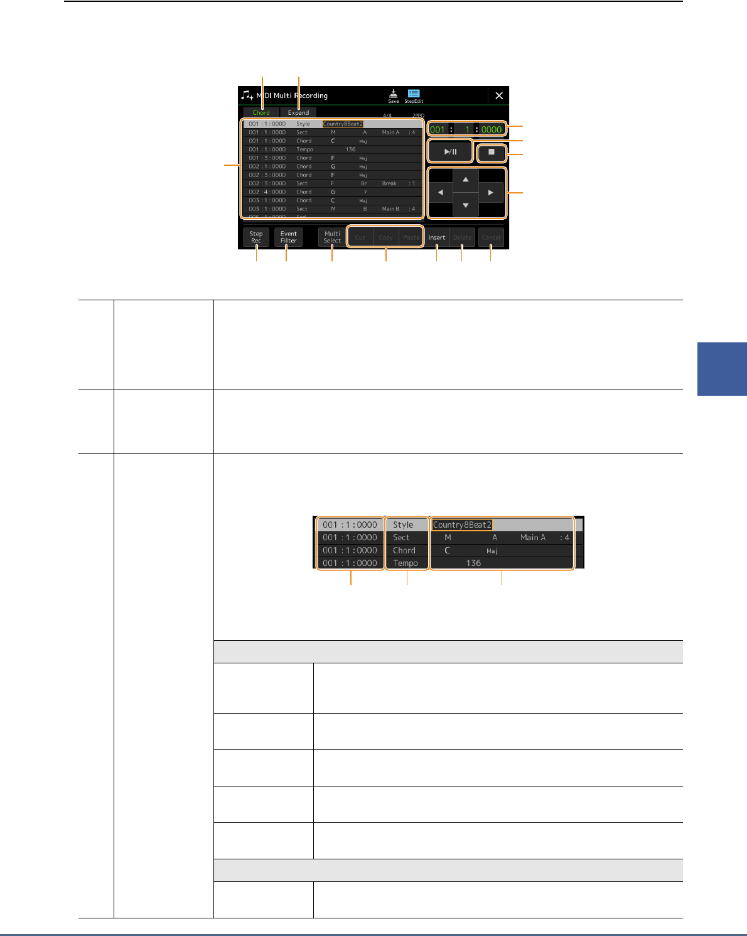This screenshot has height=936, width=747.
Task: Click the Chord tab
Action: [x=261, y=112]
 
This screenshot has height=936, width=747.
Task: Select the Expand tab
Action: [x=298, y=112]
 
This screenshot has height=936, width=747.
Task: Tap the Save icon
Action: [x=393, y=95]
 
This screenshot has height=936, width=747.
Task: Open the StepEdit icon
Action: [x=414, y=95]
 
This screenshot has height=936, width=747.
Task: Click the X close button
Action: [x=499, y=95]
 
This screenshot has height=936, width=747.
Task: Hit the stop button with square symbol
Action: [x=492, y=152]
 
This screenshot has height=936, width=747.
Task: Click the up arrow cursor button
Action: [x=465, y=180]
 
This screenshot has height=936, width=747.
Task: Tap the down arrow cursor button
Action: [x=465, y=205]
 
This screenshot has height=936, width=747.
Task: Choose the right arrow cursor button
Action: [x=491, y=193]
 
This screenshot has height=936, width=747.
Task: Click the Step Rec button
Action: [x=256, y=237]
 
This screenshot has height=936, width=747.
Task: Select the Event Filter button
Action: [x=289, y=237]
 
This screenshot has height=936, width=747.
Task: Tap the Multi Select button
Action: [x=332, y=237]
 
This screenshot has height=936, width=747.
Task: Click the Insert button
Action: [x=437, y=237]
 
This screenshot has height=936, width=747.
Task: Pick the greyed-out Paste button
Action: [x=411, y=237]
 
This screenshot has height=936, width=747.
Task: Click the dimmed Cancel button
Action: [x=491, y=237]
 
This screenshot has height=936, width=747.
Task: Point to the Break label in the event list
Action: [x=389, y=183]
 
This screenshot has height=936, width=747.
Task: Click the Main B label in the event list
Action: [x=390, y=209]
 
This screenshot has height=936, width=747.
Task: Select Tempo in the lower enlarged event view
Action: [x=406, y=563]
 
